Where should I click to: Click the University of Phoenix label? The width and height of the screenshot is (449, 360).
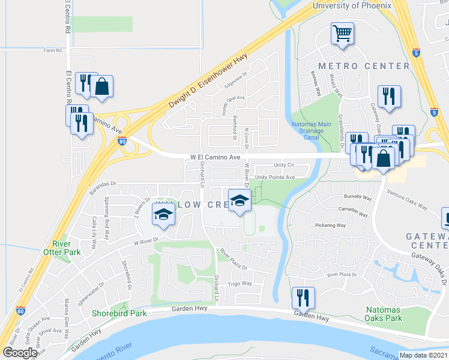352,5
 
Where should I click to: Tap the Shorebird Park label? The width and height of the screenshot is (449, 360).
119,313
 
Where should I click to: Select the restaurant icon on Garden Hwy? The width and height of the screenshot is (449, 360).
302,298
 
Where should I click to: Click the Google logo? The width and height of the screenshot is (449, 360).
20,353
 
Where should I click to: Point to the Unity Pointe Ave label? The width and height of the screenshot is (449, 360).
275,178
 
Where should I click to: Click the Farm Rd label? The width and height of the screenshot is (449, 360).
53,50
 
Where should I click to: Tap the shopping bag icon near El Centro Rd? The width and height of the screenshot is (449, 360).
103,86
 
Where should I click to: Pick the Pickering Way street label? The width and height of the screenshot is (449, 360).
331,226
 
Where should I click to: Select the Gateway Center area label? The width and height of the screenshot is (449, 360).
427,241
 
